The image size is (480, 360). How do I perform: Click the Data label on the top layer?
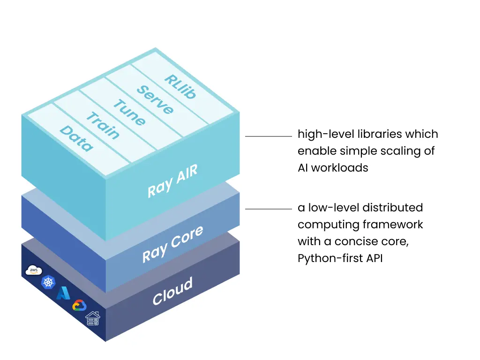(x=76, y=138)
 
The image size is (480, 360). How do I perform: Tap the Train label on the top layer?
(x=103, y=125)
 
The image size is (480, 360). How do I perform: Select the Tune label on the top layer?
(x=129, y=112)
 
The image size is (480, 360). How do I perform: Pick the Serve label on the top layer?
(x=155, y=100)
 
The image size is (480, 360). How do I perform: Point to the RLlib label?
(x=180, y=86)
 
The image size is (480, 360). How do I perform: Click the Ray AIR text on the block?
(x=172, y=181)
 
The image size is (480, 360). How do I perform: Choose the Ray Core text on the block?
(x=173, y=243)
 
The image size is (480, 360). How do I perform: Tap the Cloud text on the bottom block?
(x=172, y=291)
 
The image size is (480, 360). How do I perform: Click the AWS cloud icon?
(x=34, y=270)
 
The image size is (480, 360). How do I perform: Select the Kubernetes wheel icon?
(x=48, y=282)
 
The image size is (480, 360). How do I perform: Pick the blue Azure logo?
(x=63, y=293)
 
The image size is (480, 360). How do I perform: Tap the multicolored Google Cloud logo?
(x=79, y=306)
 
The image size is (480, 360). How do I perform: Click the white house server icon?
(x=92, y=318)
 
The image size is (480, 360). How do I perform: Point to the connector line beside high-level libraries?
(x=269, y=136)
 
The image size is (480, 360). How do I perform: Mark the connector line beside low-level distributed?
(x=269, y=209)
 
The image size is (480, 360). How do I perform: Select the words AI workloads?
(x=333, y=168)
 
